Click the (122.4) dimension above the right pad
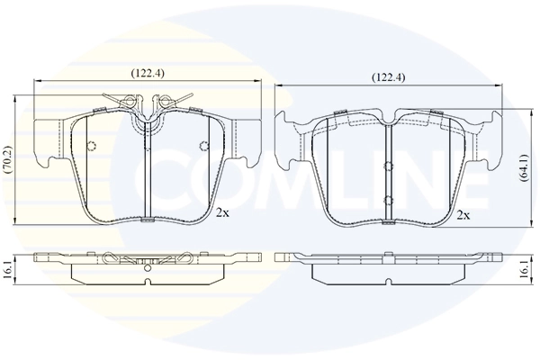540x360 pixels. [389, 77]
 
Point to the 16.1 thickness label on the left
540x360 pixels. [8, 268]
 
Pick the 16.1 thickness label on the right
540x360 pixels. [525, 268]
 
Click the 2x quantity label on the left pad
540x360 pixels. [222, 213]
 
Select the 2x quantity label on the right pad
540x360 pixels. [463, 215]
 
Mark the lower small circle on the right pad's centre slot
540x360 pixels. [387, 200]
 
